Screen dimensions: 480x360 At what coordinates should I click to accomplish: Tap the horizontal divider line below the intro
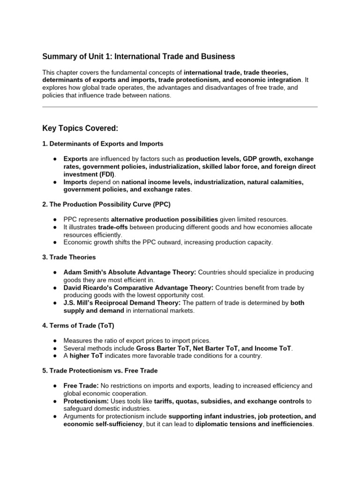coord(180,107)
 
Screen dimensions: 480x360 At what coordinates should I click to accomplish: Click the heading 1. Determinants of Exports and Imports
coord(103,144)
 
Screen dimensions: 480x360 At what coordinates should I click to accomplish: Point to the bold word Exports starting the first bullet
coord(75,159)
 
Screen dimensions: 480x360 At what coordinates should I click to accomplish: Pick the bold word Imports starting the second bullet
coord(75,182)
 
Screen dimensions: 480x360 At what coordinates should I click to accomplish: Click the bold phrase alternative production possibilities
coord(165,219)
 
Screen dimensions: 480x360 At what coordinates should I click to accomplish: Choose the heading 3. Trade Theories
coord(69,257)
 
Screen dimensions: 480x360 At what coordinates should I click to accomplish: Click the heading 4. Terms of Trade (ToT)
coord(78,325)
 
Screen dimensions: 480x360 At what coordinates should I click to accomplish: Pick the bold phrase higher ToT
coord(86,356)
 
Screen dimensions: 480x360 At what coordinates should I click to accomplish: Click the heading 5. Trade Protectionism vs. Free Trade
coord(100,371)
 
